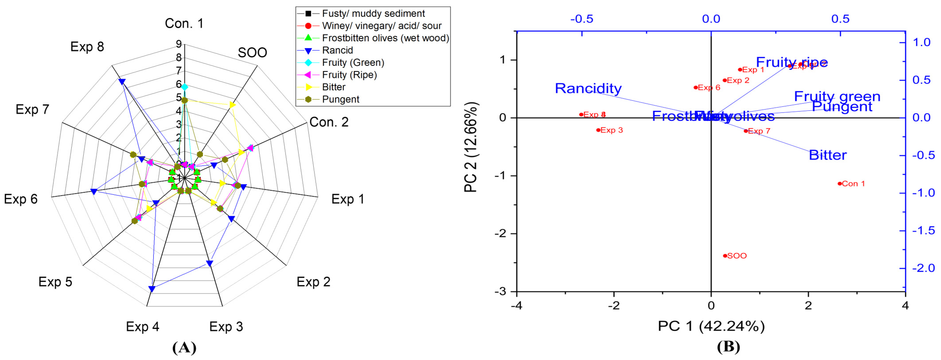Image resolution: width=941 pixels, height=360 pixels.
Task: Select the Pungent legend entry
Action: click(341, 99)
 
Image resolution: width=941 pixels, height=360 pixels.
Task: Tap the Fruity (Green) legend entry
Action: click(353, 63)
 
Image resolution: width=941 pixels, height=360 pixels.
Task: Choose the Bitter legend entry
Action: click(334, 87)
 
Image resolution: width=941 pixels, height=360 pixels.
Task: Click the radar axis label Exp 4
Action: click(143, 326)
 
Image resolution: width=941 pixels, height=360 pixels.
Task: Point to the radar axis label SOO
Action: click(252, 53)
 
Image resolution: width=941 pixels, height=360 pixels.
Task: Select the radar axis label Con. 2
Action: click(329, 122)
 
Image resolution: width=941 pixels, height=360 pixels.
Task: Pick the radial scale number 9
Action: click(179, 44)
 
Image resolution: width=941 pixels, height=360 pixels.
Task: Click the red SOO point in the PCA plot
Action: click(725, 256)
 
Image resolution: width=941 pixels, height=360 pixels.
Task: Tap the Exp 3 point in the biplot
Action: click(598, 130)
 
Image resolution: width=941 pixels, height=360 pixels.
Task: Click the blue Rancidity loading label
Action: click(588, 88)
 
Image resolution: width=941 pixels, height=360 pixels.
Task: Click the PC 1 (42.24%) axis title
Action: click(711, 326)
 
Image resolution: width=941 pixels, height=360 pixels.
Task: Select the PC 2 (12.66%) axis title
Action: click(470, 147)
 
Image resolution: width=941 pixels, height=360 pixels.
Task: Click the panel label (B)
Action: click(728, 346)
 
